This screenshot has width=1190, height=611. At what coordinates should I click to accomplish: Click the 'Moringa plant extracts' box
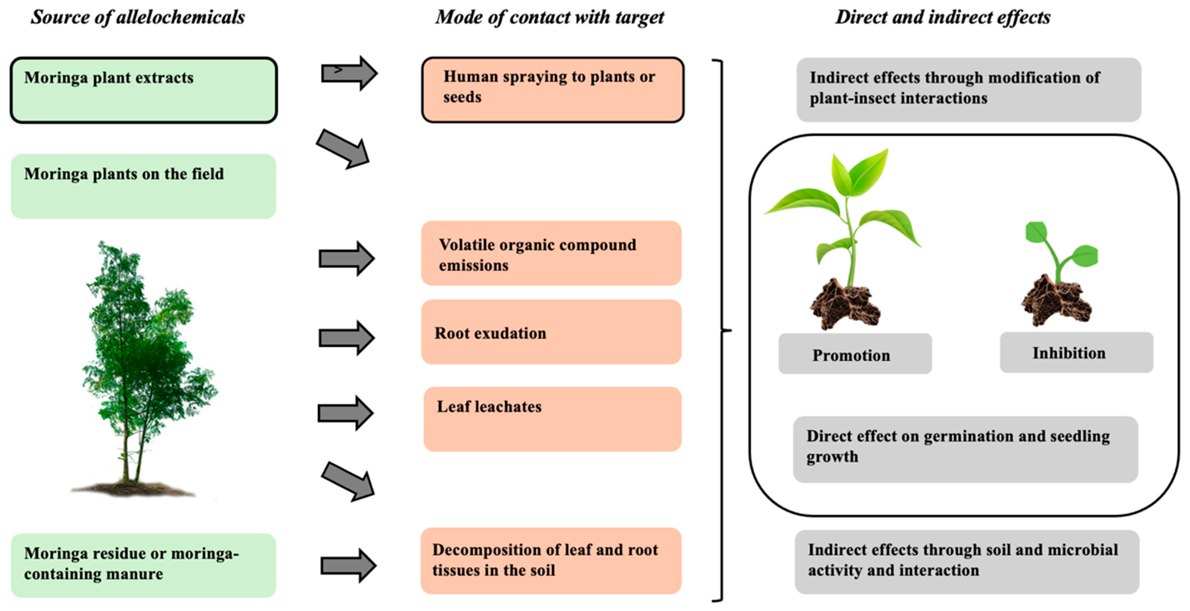tap(144, 90)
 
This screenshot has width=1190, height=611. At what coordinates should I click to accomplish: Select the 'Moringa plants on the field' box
tap(144, 186)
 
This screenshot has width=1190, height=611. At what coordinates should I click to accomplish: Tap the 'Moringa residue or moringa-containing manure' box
tap(144, 565)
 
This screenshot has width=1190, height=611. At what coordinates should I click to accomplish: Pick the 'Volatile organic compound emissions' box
tap(551, 253)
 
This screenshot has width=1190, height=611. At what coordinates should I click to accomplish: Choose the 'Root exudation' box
tap(551, 332)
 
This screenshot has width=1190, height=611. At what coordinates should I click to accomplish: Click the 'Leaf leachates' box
tap(553, 419)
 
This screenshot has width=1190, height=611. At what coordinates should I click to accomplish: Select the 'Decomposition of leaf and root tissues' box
tap(551, 561)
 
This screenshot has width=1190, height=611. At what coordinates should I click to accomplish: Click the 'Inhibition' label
tap(1076, 352)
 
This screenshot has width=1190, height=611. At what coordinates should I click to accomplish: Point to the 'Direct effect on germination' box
tap(966, 449)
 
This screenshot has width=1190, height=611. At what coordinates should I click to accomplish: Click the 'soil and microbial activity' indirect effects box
tap(967, 561)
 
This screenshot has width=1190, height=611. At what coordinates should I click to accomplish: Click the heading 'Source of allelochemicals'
tap(138, 17)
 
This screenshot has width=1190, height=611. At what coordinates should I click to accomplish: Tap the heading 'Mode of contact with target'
tap(549, 17)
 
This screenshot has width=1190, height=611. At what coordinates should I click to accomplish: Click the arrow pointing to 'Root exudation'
tap(347, 338)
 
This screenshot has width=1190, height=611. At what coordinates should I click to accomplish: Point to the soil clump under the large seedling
tap(846, 305)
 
